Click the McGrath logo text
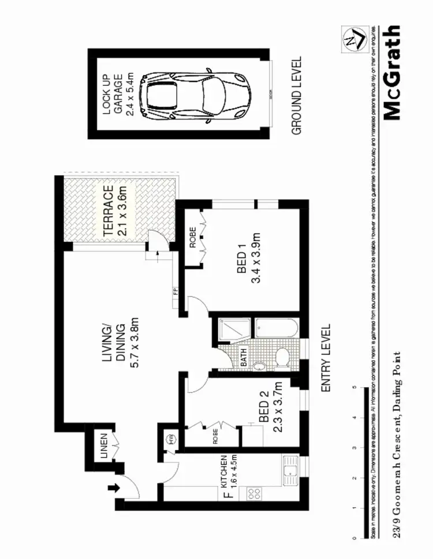[391, 72]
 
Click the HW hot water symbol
[171, 440]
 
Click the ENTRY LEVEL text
[326, 358]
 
